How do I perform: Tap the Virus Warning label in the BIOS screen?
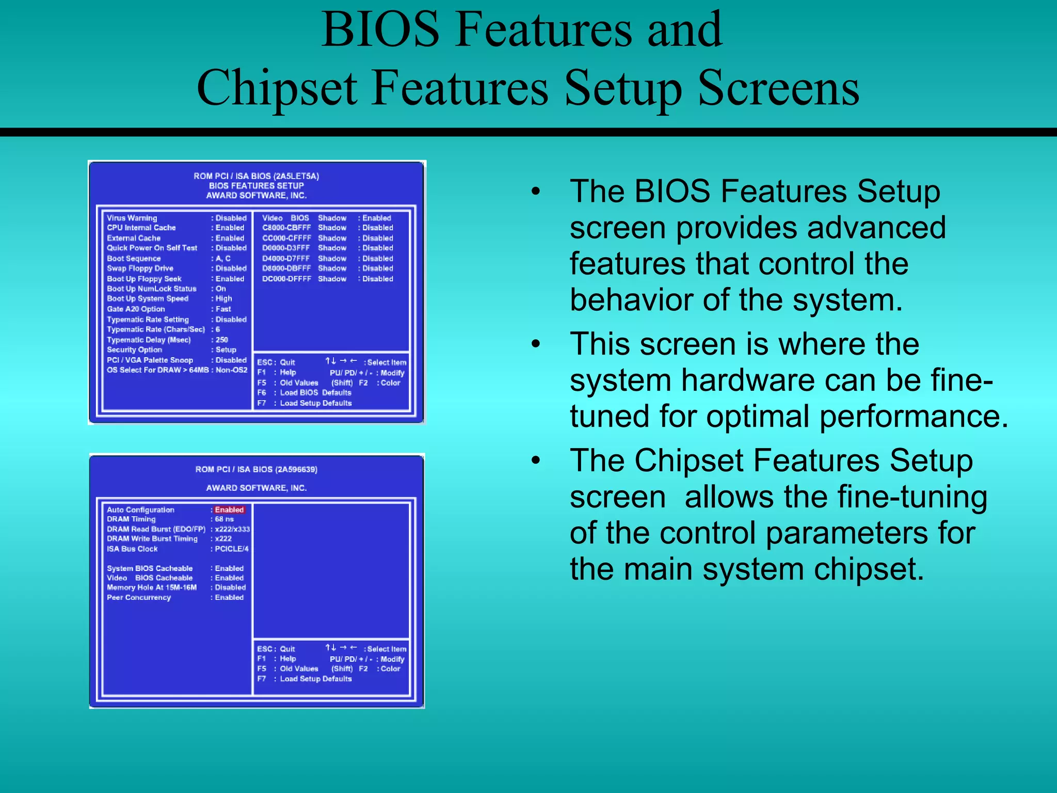(x=132, y=218)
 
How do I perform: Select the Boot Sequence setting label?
(x=134, y=259)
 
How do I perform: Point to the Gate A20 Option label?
(x=136, y=309)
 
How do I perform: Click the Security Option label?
(x=134, y=350)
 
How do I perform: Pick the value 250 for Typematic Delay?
(x=222, y=340)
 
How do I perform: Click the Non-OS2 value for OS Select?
(x=231, y=370)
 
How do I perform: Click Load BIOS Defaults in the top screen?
(x=315, y=393)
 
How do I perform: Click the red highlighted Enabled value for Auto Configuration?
(x=229, y=510)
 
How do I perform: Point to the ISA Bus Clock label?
(x=132, y=549)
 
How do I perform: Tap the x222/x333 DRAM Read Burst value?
(x=232, y=529)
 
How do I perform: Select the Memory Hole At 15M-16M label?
(x=152, y=588)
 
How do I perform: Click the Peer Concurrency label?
(x=139, y=597)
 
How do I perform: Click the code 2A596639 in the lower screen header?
(x=296, y=469)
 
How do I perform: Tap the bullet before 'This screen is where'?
(x=536, y=344)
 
